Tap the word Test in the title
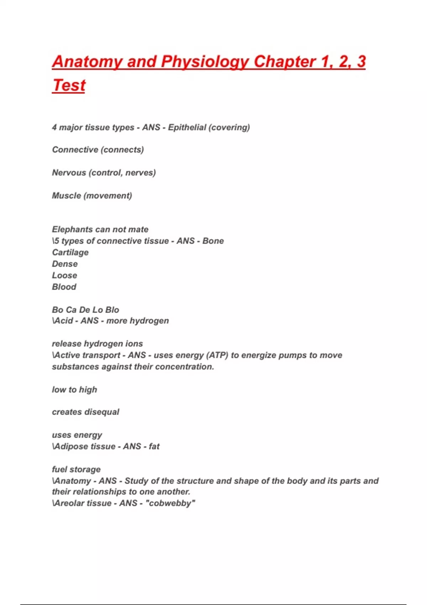69,85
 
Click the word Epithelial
187,127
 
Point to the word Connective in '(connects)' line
75,150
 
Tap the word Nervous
69,173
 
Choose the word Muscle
66,196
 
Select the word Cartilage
70,253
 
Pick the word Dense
65,264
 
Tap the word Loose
64,275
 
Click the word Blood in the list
64,287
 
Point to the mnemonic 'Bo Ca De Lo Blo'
85,310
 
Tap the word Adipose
68,446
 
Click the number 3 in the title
361,62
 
